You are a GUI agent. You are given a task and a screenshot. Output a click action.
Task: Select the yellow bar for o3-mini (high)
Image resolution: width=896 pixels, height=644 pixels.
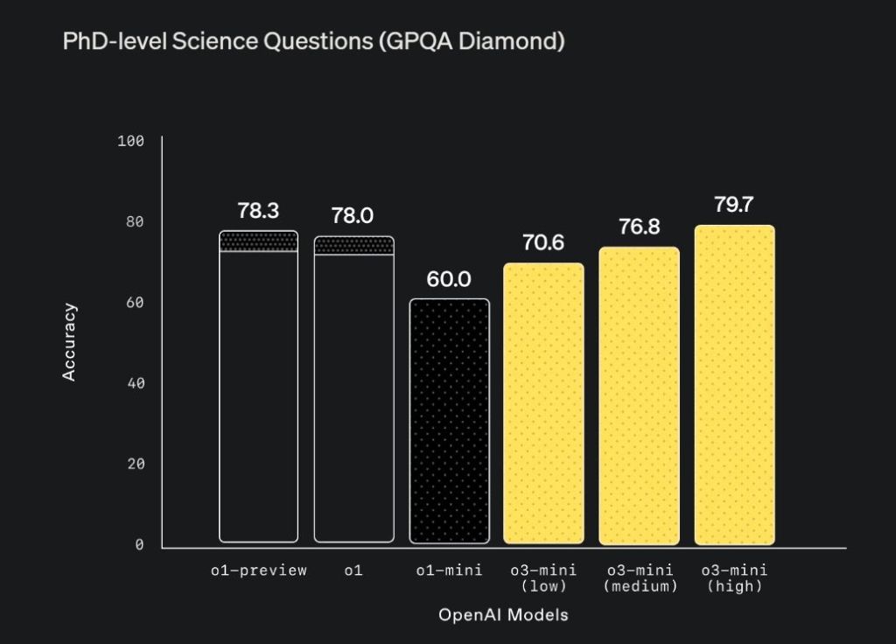coord(734,385)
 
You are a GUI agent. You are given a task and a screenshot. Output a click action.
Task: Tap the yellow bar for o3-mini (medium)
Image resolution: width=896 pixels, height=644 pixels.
coord(639,395)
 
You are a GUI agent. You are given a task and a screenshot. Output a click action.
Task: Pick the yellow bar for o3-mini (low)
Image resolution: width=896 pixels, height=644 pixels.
coord(543,403)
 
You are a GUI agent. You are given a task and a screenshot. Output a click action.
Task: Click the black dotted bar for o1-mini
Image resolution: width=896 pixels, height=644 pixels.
coord(449,421)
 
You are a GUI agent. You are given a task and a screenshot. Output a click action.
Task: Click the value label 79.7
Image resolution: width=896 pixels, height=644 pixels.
coord(734,206)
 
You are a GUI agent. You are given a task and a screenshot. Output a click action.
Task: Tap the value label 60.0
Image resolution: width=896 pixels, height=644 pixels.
coord(449,279)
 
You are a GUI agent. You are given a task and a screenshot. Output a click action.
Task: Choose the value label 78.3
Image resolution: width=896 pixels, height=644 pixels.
coord(258,211)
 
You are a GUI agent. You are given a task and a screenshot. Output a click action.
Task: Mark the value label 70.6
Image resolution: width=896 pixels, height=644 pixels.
coord(543,243)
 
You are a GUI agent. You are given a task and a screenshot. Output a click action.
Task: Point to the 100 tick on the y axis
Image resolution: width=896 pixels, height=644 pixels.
coord(130,141)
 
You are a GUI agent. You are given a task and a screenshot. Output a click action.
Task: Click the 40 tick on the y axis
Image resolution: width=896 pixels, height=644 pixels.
coord(135,383)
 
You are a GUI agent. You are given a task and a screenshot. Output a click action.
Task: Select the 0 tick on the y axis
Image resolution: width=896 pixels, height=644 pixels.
coord(139,545)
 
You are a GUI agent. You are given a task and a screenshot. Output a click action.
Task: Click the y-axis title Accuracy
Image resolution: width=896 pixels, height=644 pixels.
coord(70,342)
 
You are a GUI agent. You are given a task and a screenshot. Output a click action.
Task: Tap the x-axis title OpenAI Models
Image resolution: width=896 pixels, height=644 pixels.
coord(503,615)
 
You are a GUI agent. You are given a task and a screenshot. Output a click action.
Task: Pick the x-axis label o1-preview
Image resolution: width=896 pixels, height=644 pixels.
coord(258,570)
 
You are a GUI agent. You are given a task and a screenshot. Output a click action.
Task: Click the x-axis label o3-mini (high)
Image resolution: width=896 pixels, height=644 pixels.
coord(734,578)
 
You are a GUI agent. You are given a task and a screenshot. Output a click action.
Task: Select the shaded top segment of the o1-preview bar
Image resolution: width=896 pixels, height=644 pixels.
coord(258,241)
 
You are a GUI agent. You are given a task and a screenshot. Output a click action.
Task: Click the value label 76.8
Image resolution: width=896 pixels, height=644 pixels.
coord(639,227)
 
